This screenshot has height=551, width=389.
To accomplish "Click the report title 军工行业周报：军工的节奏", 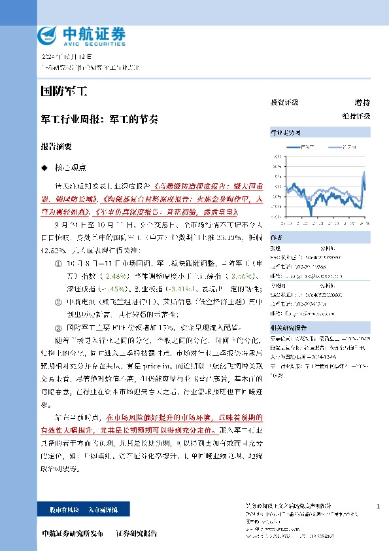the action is [99, 120].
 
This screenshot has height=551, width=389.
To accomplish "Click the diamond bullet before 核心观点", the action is [44, 168].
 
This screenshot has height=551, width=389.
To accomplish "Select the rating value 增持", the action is [362, 103].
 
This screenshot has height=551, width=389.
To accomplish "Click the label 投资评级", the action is [284, 103].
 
